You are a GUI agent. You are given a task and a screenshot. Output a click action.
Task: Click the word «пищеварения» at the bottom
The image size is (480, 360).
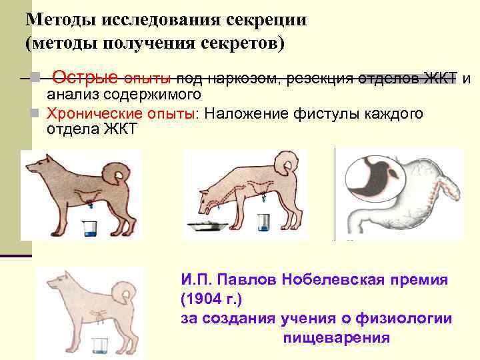337,337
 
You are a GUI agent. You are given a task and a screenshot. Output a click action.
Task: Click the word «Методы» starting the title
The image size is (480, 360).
59,19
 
